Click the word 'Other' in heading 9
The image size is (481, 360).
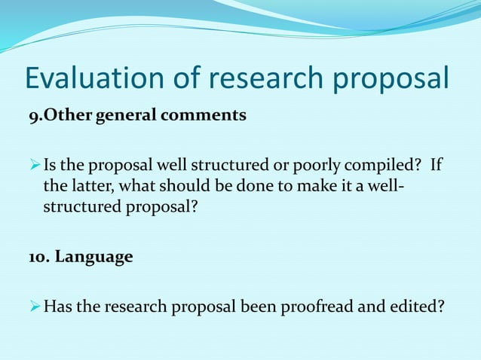(x=63, y=116)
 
